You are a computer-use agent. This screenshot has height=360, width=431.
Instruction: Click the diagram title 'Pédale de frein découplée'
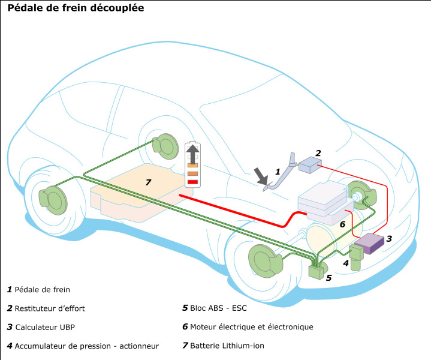76,8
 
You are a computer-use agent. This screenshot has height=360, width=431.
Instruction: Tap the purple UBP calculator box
369,244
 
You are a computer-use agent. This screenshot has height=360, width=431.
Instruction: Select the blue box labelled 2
310,164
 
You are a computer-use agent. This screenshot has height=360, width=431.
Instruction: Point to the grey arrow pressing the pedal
261,176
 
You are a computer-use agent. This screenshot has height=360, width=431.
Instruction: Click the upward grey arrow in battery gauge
192,154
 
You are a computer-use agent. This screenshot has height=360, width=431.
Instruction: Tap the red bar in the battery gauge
192,182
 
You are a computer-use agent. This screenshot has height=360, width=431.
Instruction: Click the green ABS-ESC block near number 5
316,272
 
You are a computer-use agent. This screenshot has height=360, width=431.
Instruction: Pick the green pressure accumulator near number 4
356,257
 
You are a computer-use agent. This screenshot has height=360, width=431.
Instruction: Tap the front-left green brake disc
265,261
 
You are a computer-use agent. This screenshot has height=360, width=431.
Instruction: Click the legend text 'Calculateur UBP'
45,327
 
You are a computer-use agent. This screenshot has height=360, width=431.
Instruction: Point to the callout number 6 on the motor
342,224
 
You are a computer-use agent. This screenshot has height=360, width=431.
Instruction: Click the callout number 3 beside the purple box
389,239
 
